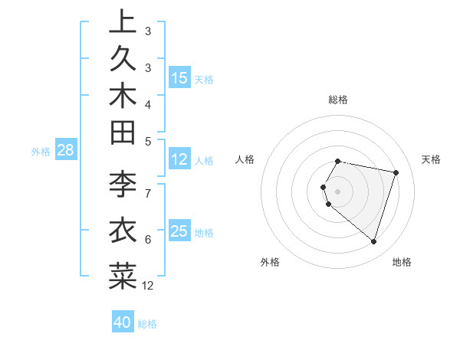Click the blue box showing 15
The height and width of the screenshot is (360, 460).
pos(179,78)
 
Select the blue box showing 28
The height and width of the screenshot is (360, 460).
pos(65,150)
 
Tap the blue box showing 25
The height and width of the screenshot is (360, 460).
pos(179,231)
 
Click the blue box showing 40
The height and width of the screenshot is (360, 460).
pos(123,322)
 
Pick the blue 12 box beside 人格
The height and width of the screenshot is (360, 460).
pos(179,159)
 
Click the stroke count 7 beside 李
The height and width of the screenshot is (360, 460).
pos(147,193)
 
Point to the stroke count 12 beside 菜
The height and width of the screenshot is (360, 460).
pos(148,286)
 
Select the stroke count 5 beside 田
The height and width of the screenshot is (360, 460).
pos(147,141)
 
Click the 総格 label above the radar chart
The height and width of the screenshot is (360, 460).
pos(338,100)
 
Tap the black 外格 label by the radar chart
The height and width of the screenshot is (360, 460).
pos(270,262)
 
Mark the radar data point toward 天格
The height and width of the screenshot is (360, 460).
pos(396,172)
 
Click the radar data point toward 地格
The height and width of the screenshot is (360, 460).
pos(373,241)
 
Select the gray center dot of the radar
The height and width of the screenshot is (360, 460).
pos(338,191)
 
